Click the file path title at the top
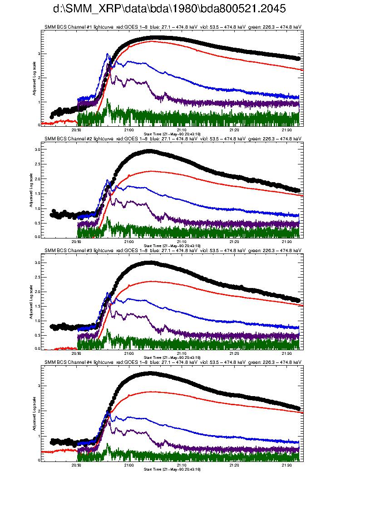tap(169, 9)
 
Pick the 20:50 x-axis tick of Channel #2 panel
tap(77, 242)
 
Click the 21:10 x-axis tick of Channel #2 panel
tap(182, 242)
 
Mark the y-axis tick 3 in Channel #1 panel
tap(39, 54)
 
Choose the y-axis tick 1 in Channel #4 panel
tap(39, 436)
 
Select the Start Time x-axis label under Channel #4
tap(172, 469)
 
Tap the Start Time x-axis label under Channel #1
tap(172, 134)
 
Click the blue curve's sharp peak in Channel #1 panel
tap(107, 54)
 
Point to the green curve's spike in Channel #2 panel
tap(108, 219)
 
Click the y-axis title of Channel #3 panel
tap(31, 302)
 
